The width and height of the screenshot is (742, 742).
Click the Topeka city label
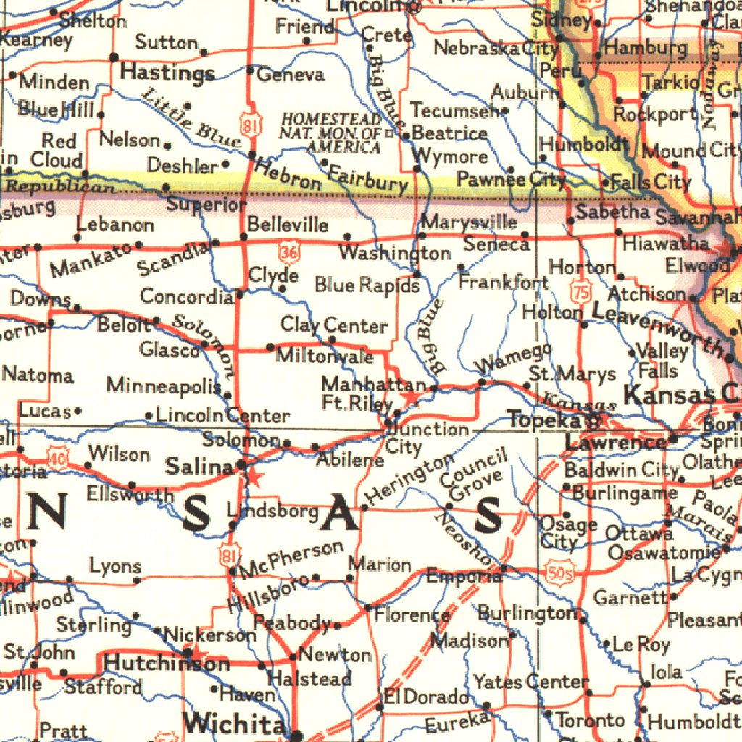click(543, 420)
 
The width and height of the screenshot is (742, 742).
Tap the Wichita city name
click(234, 723)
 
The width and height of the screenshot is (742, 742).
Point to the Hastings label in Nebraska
click(167, 72)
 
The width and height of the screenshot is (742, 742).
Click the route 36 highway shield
click(288, 252)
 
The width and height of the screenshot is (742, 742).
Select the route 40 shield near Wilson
click(57, 457)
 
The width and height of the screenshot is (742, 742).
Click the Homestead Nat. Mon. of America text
click(331, 133)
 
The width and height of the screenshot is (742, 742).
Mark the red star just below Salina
click(254, 477)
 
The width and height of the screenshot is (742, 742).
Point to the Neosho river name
click(463, 539)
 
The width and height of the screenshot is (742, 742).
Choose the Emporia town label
click(462, 578)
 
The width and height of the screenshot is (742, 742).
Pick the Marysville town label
click(469, 222)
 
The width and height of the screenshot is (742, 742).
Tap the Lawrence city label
click(605, 442)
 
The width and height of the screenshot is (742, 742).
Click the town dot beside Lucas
click(78, 412)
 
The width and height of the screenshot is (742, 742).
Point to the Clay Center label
click(334, 325)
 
